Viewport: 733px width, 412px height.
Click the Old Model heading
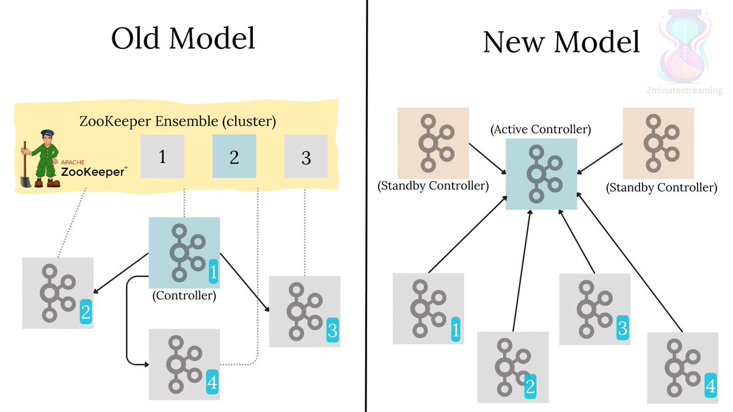pyautogui.click(x=183, y=38)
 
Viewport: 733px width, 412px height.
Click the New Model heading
pyautogui.click(x=561, y=42)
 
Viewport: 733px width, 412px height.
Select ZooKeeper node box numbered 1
pyautogui.click(x=162, y=157)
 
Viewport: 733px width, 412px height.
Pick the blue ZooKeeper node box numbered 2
pyautogui.click(x=234, y=157)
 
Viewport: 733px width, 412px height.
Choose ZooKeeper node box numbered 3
pyautogui.click(x=305, y=157)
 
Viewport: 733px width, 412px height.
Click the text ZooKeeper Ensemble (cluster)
pyautogui.click(x=178, y=121)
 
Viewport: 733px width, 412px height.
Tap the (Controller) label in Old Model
pyautogui.click(x=184, y=296)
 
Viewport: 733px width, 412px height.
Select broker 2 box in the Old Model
pyautogui.click(x=57, y=293)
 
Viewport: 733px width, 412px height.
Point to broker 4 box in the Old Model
pyautogui.click(x=184, y=364)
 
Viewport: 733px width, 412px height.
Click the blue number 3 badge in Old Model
pyautogui.click(x=332, y=330)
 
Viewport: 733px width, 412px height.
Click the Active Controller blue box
pyautogui.click(x=542, y=174)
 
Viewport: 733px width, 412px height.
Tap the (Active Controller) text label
pyautogui.click(x=542, y=129)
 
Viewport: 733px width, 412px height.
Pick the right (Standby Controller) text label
pyautogui.click(x=662, y=188)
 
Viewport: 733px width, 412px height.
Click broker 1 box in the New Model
pyautogui.click(x=428, y=308)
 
